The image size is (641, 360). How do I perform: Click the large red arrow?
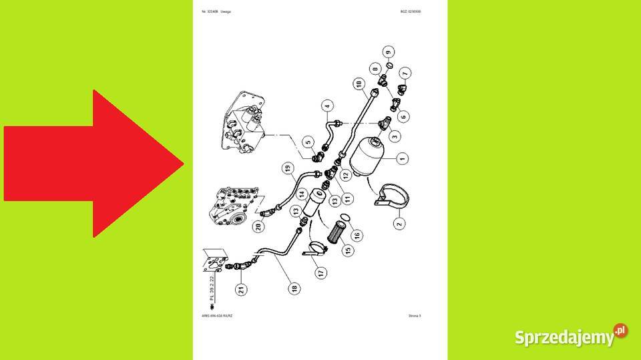tap(93, 164)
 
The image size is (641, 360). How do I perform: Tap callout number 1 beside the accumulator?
tap(402, 158)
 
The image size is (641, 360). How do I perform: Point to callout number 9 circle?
tap(389, 51)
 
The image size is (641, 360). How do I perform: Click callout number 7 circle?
tap(405, 72)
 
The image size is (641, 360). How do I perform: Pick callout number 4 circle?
tap(327, 105)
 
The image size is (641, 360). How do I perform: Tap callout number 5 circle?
tap(308, 142)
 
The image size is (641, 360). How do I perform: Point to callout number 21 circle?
tap(240, 289)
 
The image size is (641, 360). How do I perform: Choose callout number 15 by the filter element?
tap(347, 250)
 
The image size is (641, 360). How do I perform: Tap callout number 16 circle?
tap(357, 234)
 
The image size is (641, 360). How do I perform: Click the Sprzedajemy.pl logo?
tap(571, 336)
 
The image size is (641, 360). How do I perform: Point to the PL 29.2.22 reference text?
tap(212, 288)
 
